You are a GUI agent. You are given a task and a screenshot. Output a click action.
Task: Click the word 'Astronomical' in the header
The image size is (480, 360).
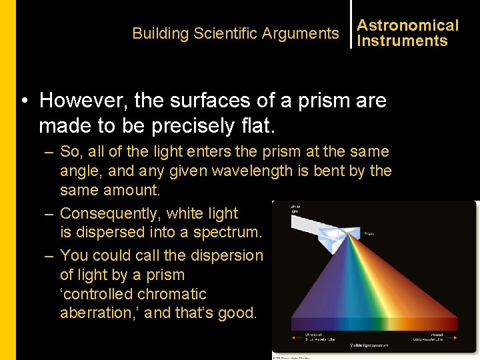407,25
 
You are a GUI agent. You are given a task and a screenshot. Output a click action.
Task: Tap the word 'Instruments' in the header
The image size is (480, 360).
402,41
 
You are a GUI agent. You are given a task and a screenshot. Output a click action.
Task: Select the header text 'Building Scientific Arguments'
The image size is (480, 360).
235,33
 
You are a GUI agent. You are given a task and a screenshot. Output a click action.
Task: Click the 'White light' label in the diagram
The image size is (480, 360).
296,209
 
